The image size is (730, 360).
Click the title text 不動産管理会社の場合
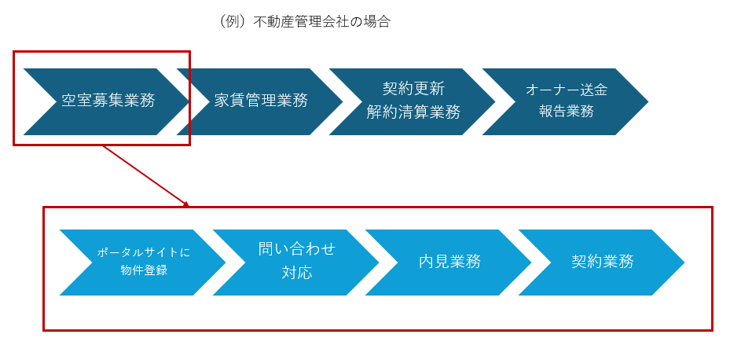(321, 22)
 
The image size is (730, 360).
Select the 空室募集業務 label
(108, 101)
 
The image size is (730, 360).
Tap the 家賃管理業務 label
(261, 101)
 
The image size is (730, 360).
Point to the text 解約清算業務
(413, 112)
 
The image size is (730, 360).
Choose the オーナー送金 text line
(567, 90)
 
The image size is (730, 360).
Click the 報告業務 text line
(567, 112)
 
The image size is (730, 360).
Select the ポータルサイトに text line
(144, 252)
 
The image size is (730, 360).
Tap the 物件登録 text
(144, 271)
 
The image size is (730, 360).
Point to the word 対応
(297, 273)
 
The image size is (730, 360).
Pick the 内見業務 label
(449, 262)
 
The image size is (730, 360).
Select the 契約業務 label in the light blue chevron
(603, 262)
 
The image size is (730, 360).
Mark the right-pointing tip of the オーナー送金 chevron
(648, 101)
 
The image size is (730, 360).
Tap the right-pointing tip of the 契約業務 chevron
(684, 263)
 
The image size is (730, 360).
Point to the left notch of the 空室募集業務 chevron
(56, 101)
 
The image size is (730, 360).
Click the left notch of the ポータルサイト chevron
(92, 263)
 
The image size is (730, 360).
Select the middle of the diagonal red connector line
(145, 175)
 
